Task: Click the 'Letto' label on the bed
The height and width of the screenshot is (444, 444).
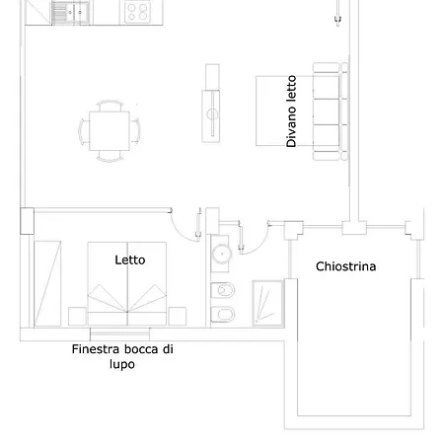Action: click(x=130, y=260)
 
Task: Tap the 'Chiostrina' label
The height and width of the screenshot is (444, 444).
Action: click(x=345, y=266)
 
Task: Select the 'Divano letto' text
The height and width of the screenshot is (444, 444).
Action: click(x=291, y=111)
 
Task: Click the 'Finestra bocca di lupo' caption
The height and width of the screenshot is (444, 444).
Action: click(x=122, y=356)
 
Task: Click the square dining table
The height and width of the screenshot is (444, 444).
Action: click(x=110, y=131)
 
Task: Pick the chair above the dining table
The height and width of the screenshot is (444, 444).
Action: click(x=110, y=106)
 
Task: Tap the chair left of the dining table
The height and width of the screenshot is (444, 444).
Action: click(x=84, y=131)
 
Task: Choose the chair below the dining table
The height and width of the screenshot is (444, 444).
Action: click(x=110, y=157)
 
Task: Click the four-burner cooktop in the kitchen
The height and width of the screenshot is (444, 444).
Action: click(x=138, y=12)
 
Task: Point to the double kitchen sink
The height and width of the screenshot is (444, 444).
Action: click(x=70, y=13)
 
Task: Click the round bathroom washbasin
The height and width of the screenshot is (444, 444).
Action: click(x=222, y=254)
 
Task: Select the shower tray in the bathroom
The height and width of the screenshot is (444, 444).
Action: click(x=268, y=303)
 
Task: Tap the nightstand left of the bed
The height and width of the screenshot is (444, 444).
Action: click(x=77, y=317)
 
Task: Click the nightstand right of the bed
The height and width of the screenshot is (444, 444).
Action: click(x=178, y=317)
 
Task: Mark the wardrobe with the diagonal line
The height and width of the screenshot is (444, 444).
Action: click(x=47, y=284)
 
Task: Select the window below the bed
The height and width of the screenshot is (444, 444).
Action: click(x=119, y=334)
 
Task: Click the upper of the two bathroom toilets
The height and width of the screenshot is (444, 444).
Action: click(x=222, y=290)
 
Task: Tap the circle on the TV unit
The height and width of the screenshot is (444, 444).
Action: click(x=212, y=114)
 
